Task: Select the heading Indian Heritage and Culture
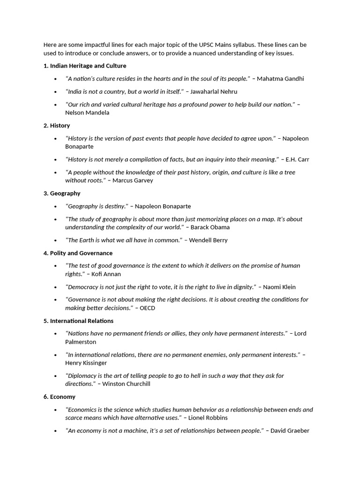click(88, 66)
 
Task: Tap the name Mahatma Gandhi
click(284, 79)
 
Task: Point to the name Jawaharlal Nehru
click(214, 91)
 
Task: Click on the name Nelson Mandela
click(87, 112)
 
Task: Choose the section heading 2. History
click(57, 126)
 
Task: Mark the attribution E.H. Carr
click(297, 159)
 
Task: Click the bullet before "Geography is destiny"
click(56, 206)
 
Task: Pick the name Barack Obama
click(210, 227)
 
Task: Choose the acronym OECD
click(148, 308)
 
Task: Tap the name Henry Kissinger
click(86, 363)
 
